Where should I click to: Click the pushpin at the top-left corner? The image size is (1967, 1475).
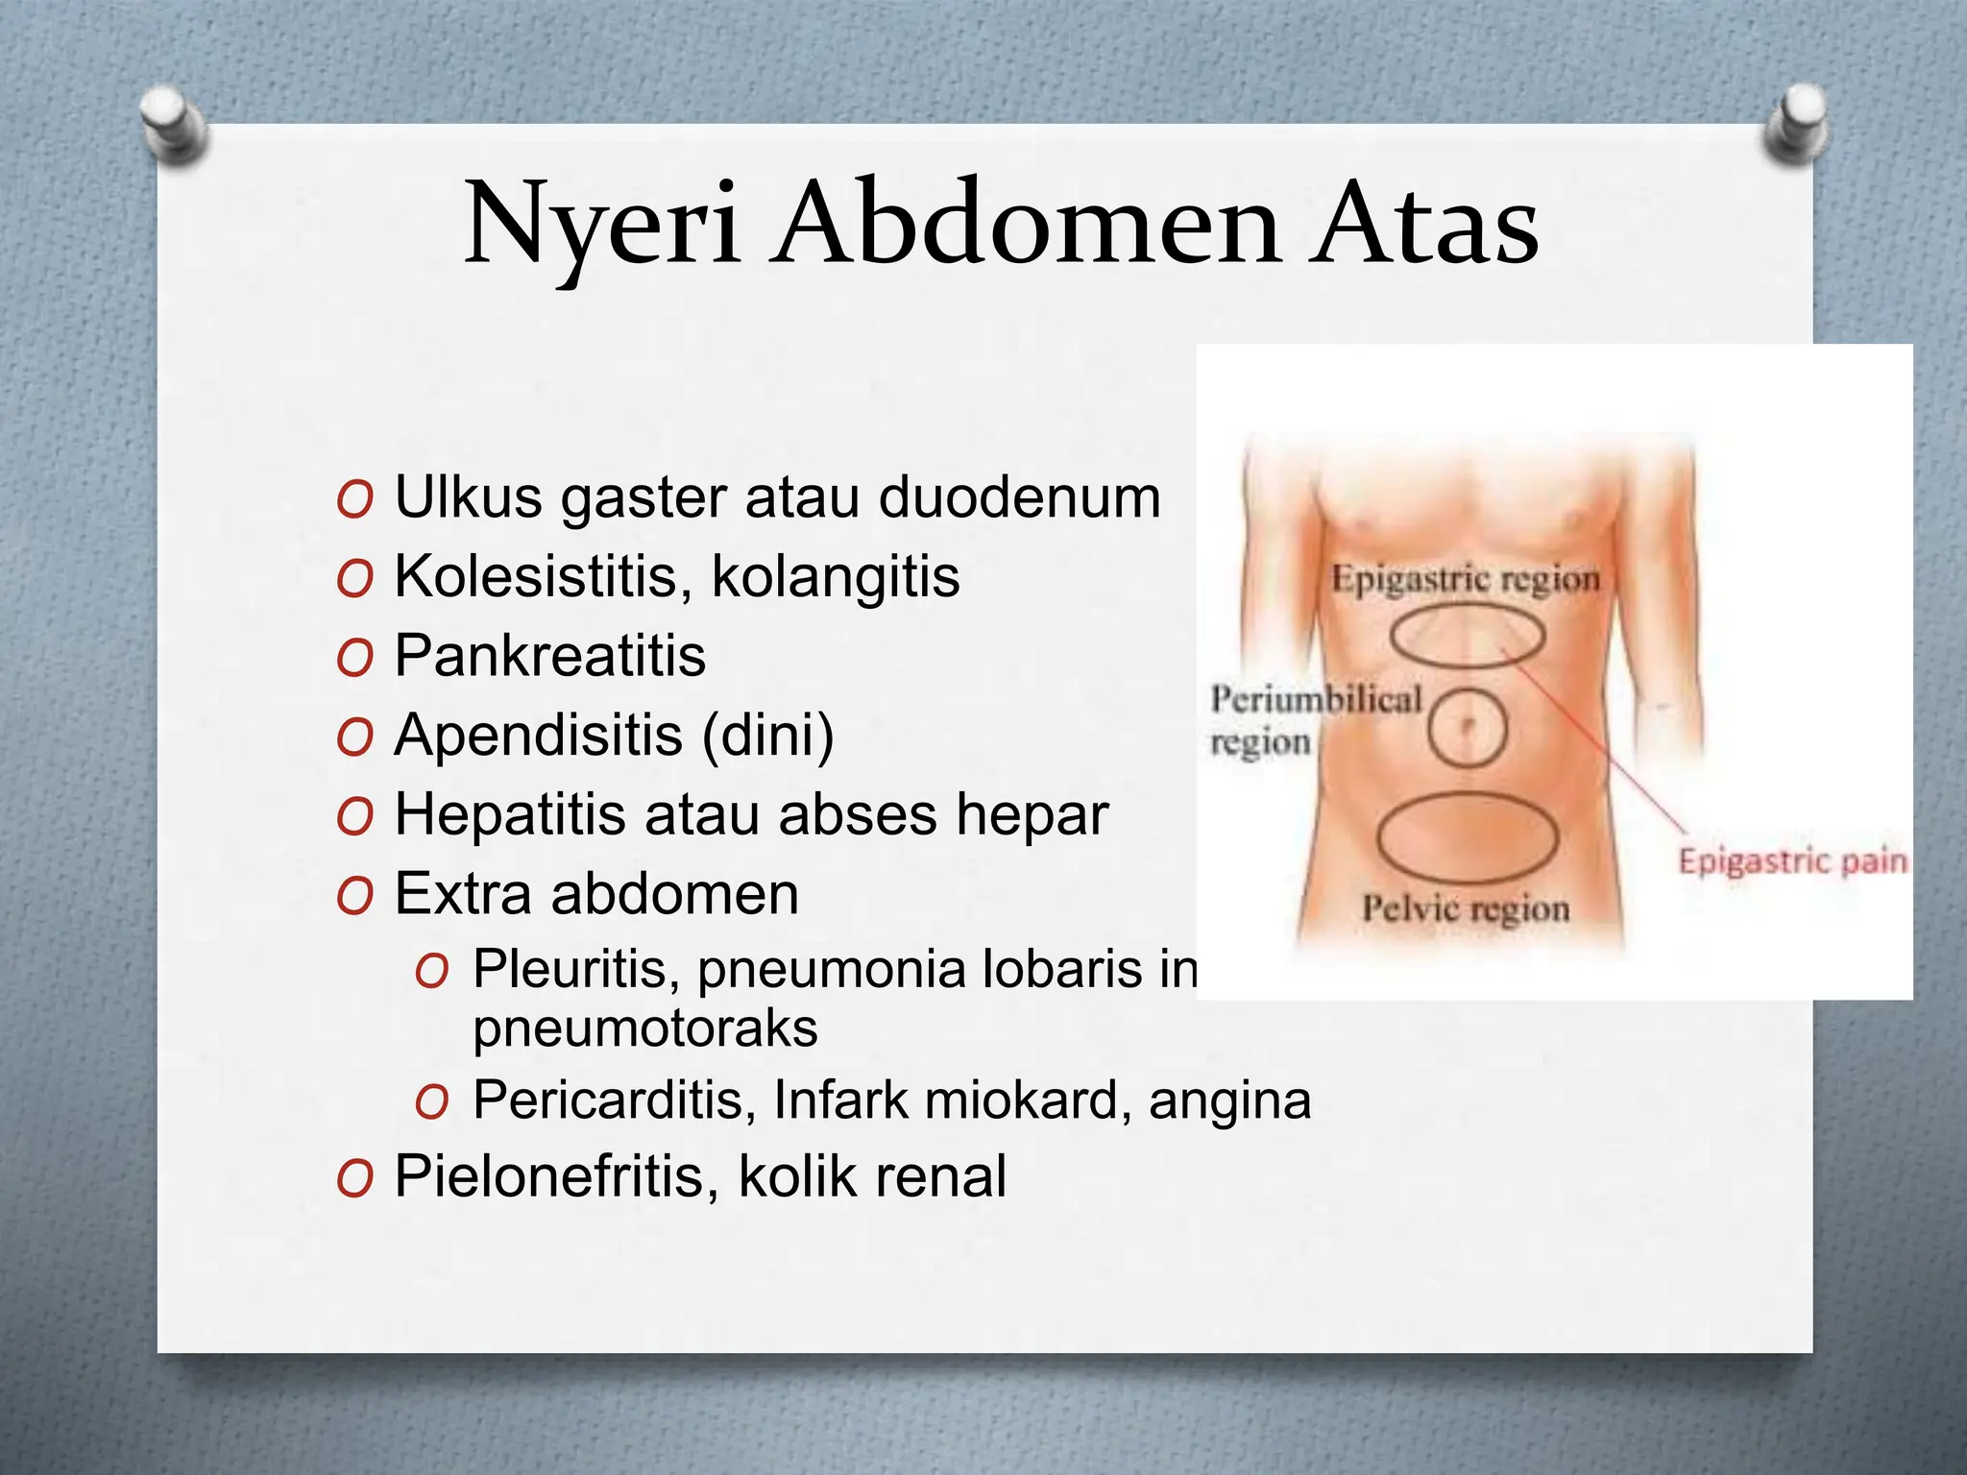pos(173,125)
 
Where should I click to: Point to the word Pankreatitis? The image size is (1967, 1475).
pos(550,656)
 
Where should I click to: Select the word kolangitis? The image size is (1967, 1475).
pos(836,577)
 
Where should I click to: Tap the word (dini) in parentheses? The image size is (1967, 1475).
pos(768,736)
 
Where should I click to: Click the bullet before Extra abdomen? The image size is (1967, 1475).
pos(354,897)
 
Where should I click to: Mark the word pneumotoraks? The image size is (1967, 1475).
pos(645,1028)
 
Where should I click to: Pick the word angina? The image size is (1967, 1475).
pos(1229,1100)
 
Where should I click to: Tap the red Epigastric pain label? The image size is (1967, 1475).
pos(1792,860)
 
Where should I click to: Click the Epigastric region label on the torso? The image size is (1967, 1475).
pos(1465,579)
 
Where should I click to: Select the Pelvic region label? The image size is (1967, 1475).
pos(1465,907)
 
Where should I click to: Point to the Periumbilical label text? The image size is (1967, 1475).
pos(1316,699)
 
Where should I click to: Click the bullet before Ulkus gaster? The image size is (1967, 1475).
pos(354,501)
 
